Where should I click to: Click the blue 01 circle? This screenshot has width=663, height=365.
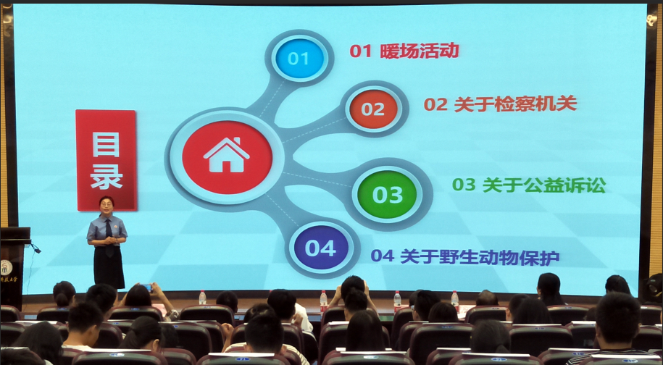coord(299,58)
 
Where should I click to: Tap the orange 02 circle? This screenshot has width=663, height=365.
coord(373,109)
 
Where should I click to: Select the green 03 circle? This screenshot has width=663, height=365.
coord(387,194)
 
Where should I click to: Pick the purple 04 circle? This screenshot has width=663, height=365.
coord(321,248)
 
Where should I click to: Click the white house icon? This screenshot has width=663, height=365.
coord(227,155)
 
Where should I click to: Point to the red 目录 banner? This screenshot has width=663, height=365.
coord(106,160)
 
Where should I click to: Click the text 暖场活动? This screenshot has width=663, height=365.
coord(420,51)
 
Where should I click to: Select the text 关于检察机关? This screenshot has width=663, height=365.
coord(515,104)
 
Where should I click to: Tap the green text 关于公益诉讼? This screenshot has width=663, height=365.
coord(543,185)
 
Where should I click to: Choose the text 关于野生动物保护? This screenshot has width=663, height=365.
coord(480,256)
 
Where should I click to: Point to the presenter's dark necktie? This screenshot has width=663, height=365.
coord(109,236)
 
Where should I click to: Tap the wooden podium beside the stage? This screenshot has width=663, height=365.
coord(14,267)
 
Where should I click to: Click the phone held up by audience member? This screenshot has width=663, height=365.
coord(148,288)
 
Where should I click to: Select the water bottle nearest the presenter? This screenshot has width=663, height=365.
coord(203,298)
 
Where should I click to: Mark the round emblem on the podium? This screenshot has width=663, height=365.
coord(6,267)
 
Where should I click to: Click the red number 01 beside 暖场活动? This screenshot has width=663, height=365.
coord(360,51)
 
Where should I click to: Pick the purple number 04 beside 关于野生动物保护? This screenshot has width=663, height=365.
coord(383,256)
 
